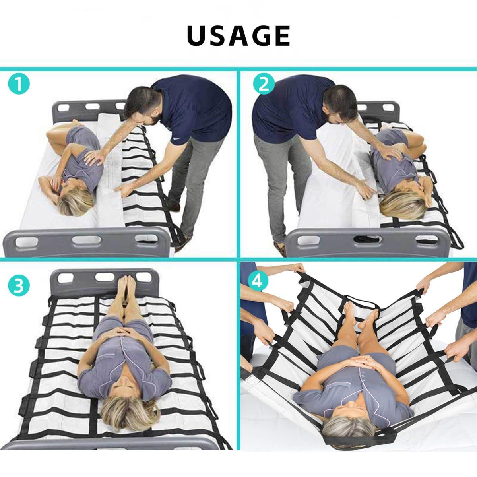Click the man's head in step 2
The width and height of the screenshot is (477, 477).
pyautogui.click(x=338, y=105)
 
